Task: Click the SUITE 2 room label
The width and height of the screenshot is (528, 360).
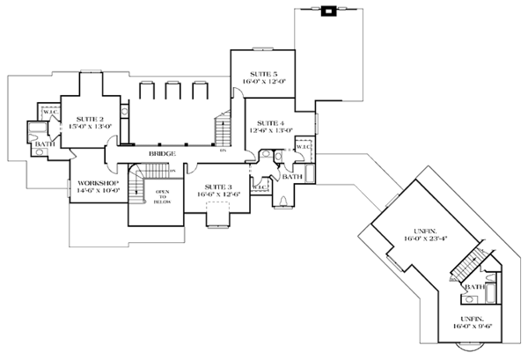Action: coord(90,118)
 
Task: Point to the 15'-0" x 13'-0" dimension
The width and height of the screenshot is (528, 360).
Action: coord(90,126)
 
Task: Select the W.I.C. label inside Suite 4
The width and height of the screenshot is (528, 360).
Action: coord(302,147)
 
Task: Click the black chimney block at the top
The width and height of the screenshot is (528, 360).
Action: coord(328,11)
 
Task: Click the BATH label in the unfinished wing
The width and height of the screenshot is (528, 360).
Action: coord(473,287)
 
